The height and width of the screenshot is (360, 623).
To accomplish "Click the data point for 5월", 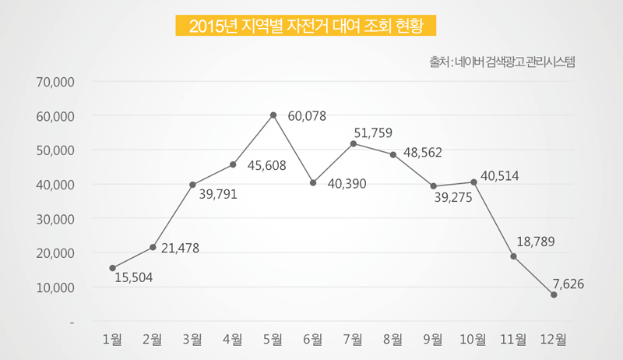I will [x=273, y=115].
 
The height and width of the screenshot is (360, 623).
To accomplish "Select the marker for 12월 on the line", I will [x=554, y=295].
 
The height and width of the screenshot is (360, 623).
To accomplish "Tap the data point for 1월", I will [x=113, y=268].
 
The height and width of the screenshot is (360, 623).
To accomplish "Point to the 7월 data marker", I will [x=354, y=143].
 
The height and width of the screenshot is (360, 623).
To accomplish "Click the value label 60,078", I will [x=307, y=116].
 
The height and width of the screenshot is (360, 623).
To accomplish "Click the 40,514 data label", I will [x=500, y=176].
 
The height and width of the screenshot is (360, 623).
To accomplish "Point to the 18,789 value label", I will [x=535, y=242].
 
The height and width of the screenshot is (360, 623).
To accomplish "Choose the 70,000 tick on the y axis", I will [x=55, y=81].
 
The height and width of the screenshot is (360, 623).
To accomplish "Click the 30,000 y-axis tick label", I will [x=55, y=219].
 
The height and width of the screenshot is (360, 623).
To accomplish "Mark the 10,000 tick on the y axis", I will [x=55, y=288].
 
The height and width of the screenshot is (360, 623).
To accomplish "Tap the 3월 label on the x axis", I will [x=192, y=339].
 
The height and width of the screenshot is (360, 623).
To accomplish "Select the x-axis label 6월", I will [x=313, y=339].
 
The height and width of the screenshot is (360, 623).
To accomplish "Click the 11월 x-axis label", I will [x=512, y=339].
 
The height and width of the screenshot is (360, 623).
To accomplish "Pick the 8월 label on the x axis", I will [x=393, y=339].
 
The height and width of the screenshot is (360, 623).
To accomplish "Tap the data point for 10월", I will [x=473, y=182].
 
